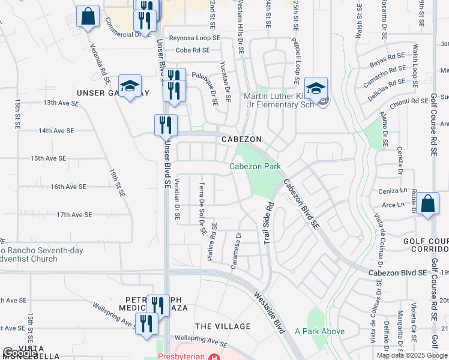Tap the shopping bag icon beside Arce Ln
pos(429,203)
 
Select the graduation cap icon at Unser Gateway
pos(130,87)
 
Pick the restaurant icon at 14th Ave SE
pos(166,125)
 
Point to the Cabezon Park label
pos(255,166)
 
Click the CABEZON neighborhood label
pos(241,139)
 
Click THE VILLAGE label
pos(223,326)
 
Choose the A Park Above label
pos(320,331)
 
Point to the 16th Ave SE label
pos(74,187)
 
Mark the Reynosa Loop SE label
pos(194,38)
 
